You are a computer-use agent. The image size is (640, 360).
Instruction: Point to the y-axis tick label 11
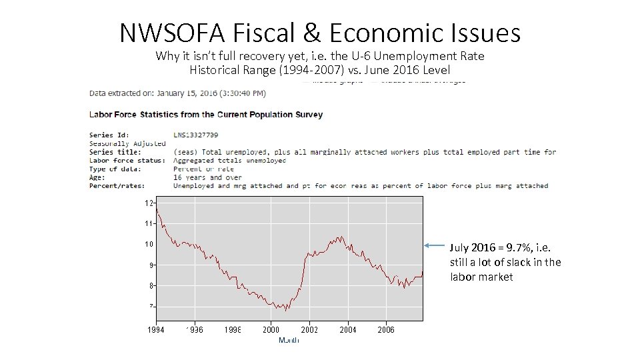[149, 223]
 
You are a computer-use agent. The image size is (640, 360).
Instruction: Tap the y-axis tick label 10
[149, 244]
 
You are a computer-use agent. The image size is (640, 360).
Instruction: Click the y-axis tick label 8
[151, 286]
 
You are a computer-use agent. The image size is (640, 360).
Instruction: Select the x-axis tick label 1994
[156, 330]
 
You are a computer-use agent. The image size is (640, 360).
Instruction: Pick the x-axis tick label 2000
[271, 330]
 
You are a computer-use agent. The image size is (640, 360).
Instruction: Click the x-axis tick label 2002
[309, 330]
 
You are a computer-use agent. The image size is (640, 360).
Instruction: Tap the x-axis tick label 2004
[348, 330]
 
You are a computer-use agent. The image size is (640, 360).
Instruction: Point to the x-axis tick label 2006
[386, 330]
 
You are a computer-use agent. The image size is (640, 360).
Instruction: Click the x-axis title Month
[289, 341]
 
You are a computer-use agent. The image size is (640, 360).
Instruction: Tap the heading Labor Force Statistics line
[206, 115]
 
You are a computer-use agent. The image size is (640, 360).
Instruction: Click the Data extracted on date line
[177, 93]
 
